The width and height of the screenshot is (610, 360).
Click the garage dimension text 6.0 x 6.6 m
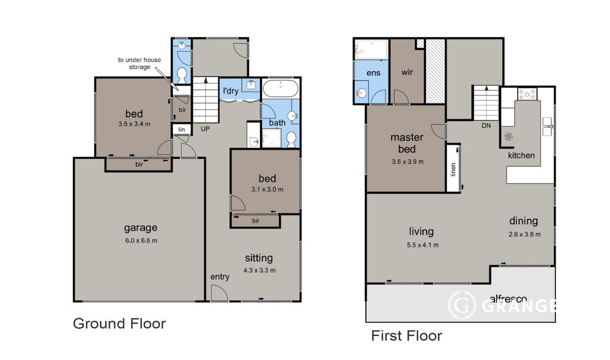(141, 241)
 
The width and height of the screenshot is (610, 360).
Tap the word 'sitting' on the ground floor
(259, 258)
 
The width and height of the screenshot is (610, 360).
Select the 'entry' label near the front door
(220, 277)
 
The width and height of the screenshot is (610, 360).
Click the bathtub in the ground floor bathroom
(281, 88)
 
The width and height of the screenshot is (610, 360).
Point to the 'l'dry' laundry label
(231, 91)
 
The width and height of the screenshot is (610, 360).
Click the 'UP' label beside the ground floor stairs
(205, 129)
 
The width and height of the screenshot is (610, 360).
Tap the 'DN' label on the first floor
(486, 126)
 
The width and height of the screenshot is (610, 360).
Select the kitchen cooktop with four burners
(527, 94)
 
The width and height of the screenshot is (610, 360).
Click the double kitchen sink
(547, 127)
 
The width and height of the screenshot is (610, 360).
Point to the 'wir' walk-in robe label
(407, 72)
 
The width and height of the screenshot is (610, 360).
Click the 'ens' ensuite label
(373, 73)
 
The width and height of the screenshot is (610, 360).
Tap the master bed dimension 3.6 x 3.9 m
(408, 162)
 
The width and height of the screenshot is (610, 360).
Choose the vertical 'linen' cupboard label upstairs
(453, 169)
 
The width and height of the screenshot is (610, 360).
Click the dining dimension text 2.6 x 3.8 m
(525, 234)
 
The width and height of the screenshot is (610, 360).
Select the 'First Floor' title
(407, 336)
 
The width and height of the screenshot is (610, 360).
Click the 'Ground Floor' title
(119, 323)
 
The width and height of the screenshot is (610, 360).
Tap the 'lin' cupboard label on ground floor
(181, 129)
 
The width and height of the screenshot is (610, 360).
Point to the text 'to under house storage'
(139, 64)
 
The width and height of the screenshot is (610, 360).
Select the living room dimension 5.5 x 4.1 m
(422, 245)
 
